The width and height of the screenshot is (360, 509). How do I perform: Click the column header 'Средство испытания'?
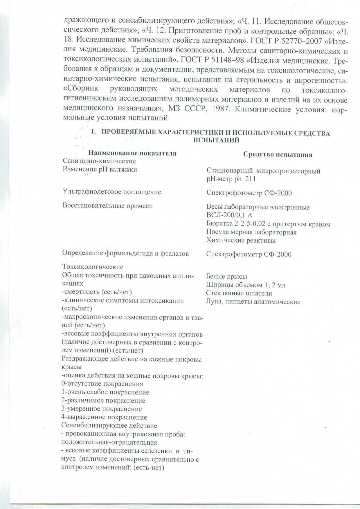point(278,154)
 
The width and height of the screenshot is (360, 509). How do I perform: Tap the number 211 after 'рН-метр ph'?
point(251,179)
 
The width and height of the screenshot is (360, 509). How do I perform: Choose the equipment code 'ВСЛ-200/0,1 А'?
point(229,215)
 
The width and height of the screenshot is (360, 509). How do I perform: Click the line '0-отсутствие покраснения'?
point(102,384)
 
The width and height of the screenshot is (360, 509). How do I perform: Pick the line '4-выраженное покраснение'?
point(104,417)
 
